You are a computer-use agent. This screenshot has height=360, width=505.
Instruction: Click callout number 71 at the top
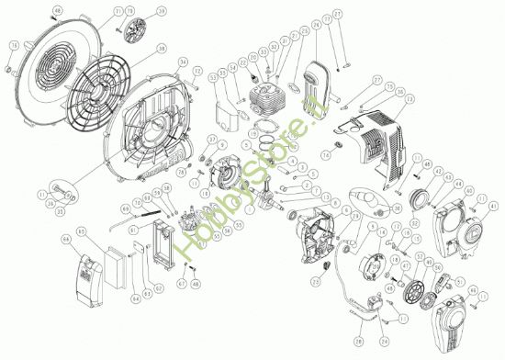pos(118,12)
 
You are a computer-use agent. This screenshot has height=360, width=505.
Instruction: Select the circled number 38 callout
pos(162,48)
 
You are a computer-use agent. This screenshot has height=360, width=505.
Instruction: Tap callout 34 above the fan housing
pos(183,62)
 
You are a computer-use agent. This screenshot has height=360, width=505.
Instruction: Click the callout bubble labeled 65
pos(81,230)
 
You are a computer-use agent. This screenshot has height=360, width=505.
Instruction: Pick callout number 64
pos(65,240)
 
